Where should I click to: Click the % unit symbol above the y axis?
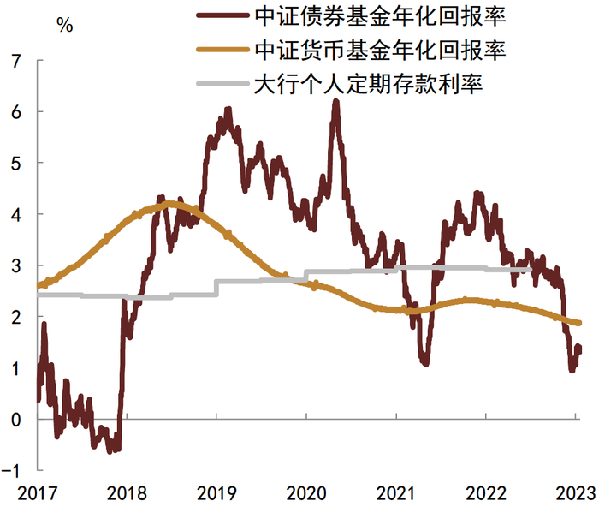click(64, 24)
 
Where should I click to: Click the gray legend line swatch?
click(222, 84)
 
